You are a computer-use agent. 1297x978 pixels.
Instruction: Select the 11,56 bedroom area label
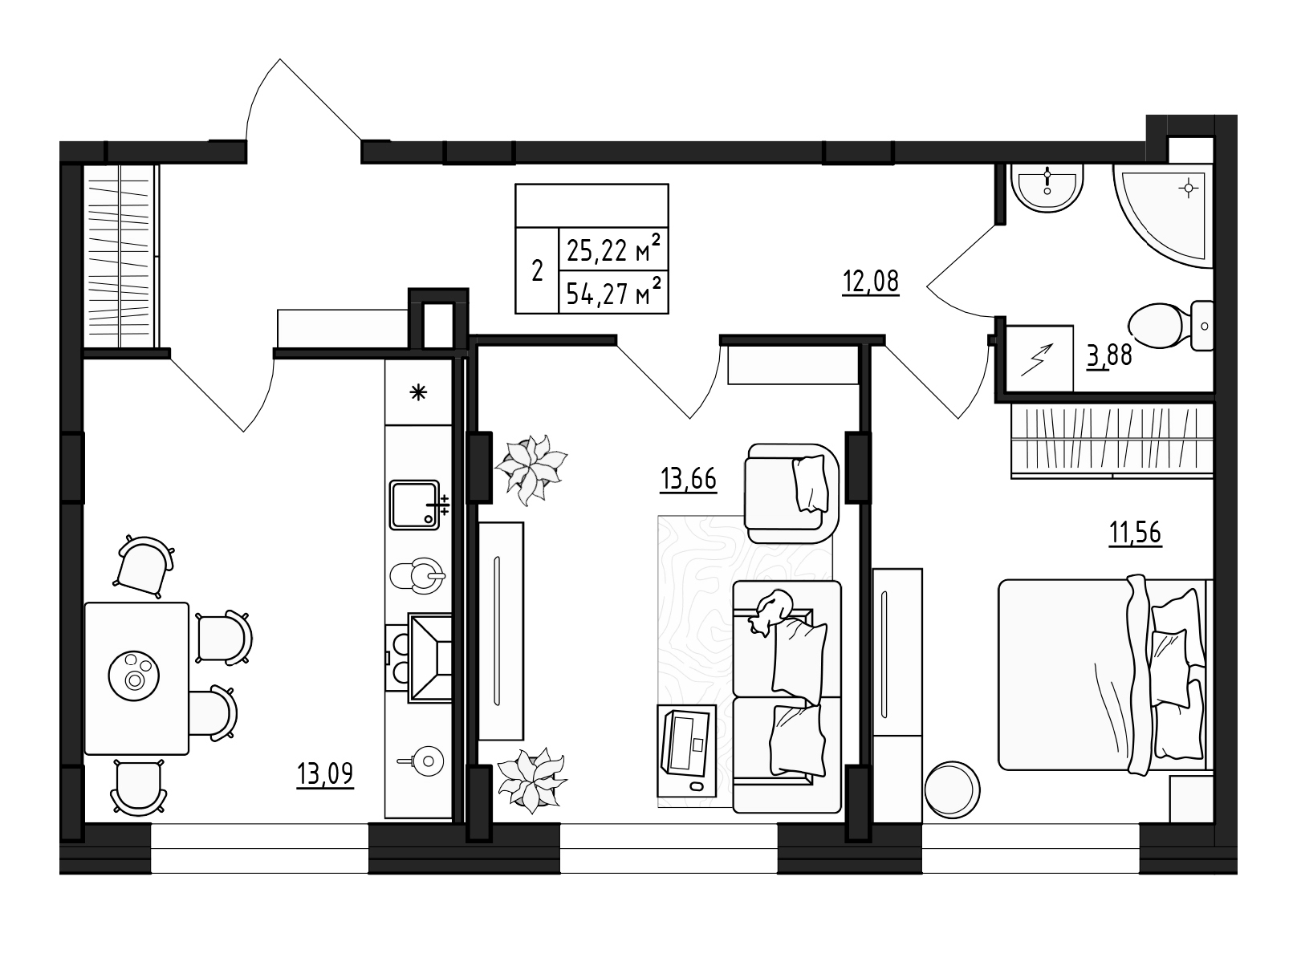coord(1135,532)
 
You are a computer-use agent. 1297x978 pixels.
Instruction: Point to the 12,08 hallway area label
coord(870,282)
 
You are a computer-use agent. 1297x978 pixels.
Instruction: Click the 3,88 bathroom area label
coord(1109,355)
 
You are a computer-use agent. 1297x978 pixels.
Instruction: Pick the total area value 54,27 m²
coord(614,293)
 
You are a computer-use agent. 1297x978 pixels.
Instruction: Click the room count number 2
coord(537,270)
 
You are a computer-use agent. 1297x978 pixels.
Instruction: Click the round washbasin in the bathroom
coord(1047,190)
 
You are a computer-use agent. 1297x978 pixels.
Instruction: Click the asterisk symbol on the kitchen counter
coord(418,392)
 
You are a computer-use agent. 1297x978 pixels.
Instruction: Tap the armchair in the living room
coord(792,493)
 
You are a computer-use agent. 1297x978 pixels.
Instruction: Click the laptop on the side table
coord(686,742)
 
